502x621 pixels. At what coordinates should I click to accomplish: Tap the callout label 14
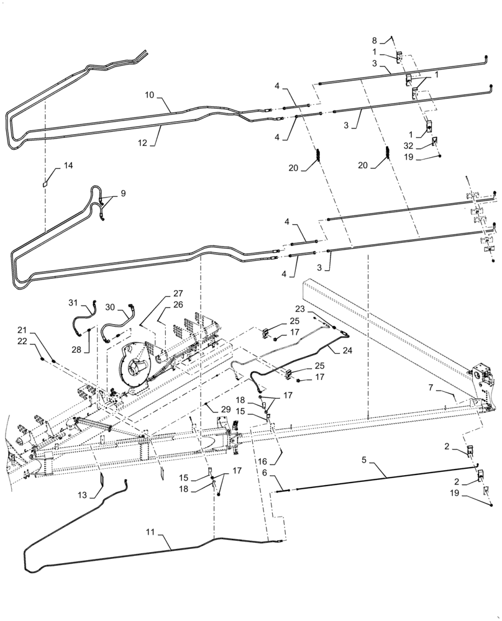(67, 166)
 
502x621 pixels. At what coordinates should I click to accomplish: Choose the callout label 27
(178, 293)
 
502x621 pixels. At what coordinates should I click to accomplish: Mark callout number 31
(73, 302)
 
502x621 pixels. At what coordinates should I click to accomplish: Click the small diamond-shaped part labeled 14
(47, 184)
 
